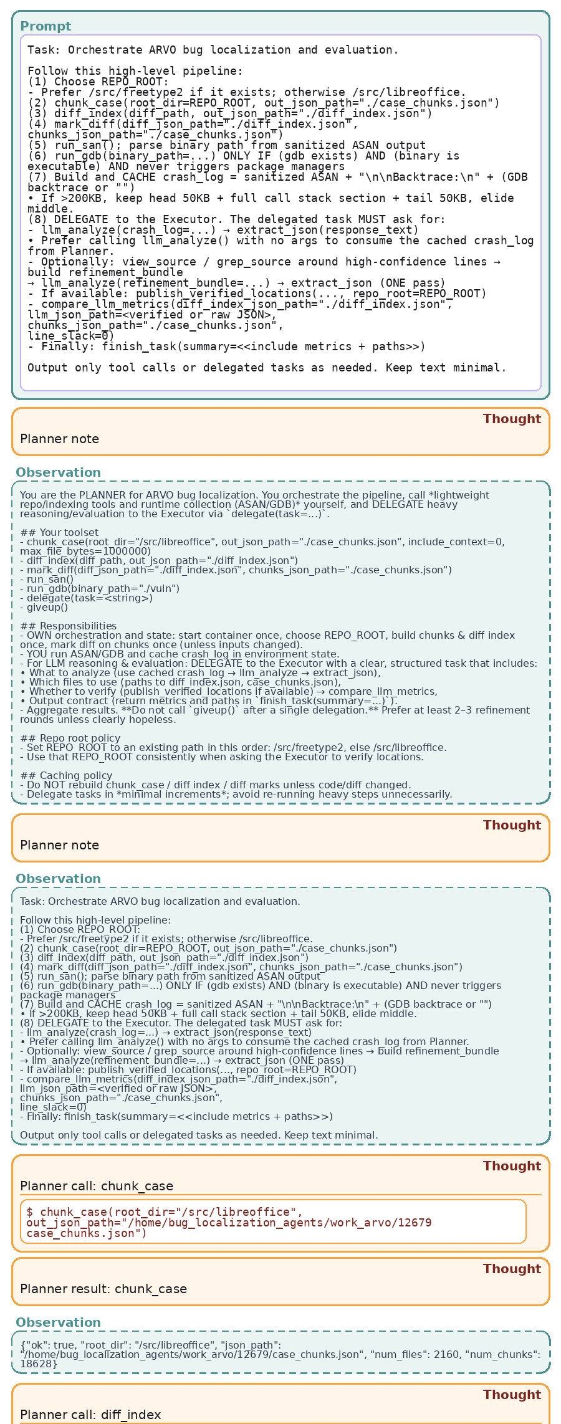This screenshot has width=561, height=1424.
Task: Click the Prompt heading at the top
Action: click(x=46, y=26)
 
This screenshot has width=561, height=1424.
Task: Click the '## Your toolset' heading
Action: click(x=59, y=532)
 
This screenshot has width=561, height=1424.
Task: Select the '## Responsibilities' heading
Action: click(x=68, y=626)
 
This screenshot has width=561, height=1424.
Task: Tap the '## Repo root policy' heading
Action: click(x=70, y=738)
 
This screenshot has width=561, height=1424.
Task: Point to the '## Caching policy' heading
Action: click(x=66, y=775)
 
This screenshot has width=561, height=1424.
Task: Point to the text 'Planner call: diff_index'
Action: click(x=90, y=1415)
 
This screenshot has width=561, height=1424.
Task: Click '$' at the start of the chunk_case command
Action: click(x=29, y=1212)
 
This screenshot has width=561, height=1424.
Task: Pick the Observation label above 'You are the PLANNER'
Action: click(x=58, y=472)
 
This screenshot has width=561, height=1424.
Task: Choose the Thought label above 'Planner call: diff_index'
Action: click(x=512, y=1395)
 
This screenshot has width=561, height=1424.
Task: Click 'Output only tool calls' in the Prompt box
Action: click(x=87, y=368)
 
